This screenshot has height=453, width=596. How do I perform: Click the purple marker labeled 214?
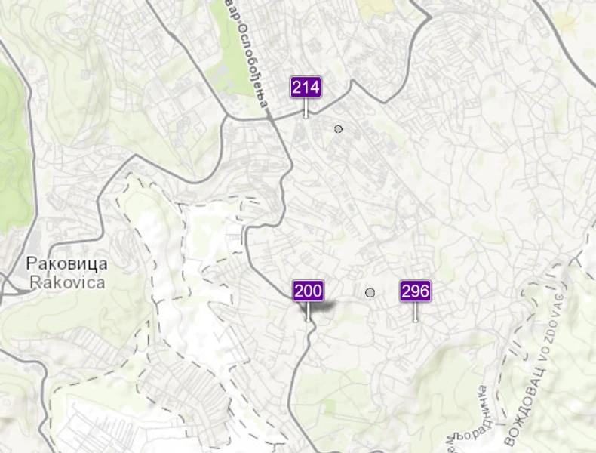306,87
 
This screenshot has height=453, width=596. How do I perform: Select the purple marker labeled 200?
308,291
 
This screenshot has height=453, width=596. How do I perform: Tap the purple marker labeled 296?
416,291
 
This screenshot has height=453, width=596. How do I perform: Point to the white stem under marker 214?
306,108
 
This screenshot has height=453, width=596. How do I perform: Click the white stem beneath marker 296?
416,312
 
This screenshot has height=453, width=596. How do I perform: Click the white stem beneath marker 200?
308,312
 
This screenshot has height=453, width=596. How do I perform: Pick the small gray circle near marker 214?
338,129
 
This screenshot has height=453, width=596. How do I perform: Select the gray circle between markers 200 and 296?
370,292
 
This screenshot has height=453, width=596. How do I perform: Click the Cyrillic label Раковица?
66,264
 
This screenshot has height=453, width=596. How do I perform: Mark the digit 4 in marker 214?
315,87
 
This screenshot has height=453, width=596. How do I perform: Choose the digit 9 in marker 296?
416,291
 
